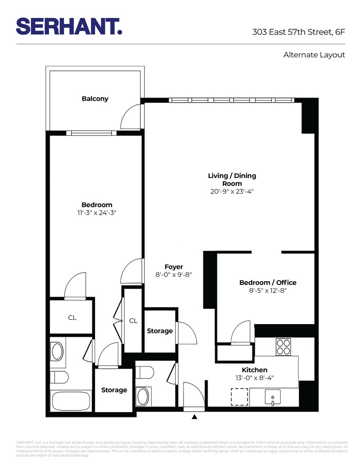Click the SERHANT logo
click(x=69, y=26)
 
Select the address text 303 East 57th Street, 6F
click(x=299, y=32)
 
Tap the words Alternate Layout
click(x=314, y=55)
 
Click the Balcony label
click(x=95, y=98)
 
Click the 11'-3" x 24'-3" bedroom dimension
click(x=97, y=213)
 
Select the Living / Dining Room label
click(x=232, y=179)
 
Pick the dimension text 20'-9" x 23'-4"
click(x=232, y=192)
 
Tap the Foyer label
click(x=174, y=267)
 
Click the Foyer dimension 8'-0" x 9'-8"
click(x=174, y=275)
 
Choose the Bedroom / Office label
click(x=267, y=283)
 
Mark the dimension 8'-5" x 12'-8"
click(x=267, y=291)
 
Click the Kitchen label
click(x=254, y=370)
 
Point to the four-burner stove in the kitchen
click(x=283, y=347)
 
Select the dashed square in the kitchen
click(x=240, y=397)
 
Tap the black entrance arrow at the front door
click(x=194, y=416)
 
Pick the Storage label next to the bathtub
click(x=114, y=390)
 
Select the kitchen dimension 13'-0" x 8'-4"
click(x=254, y=378)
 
